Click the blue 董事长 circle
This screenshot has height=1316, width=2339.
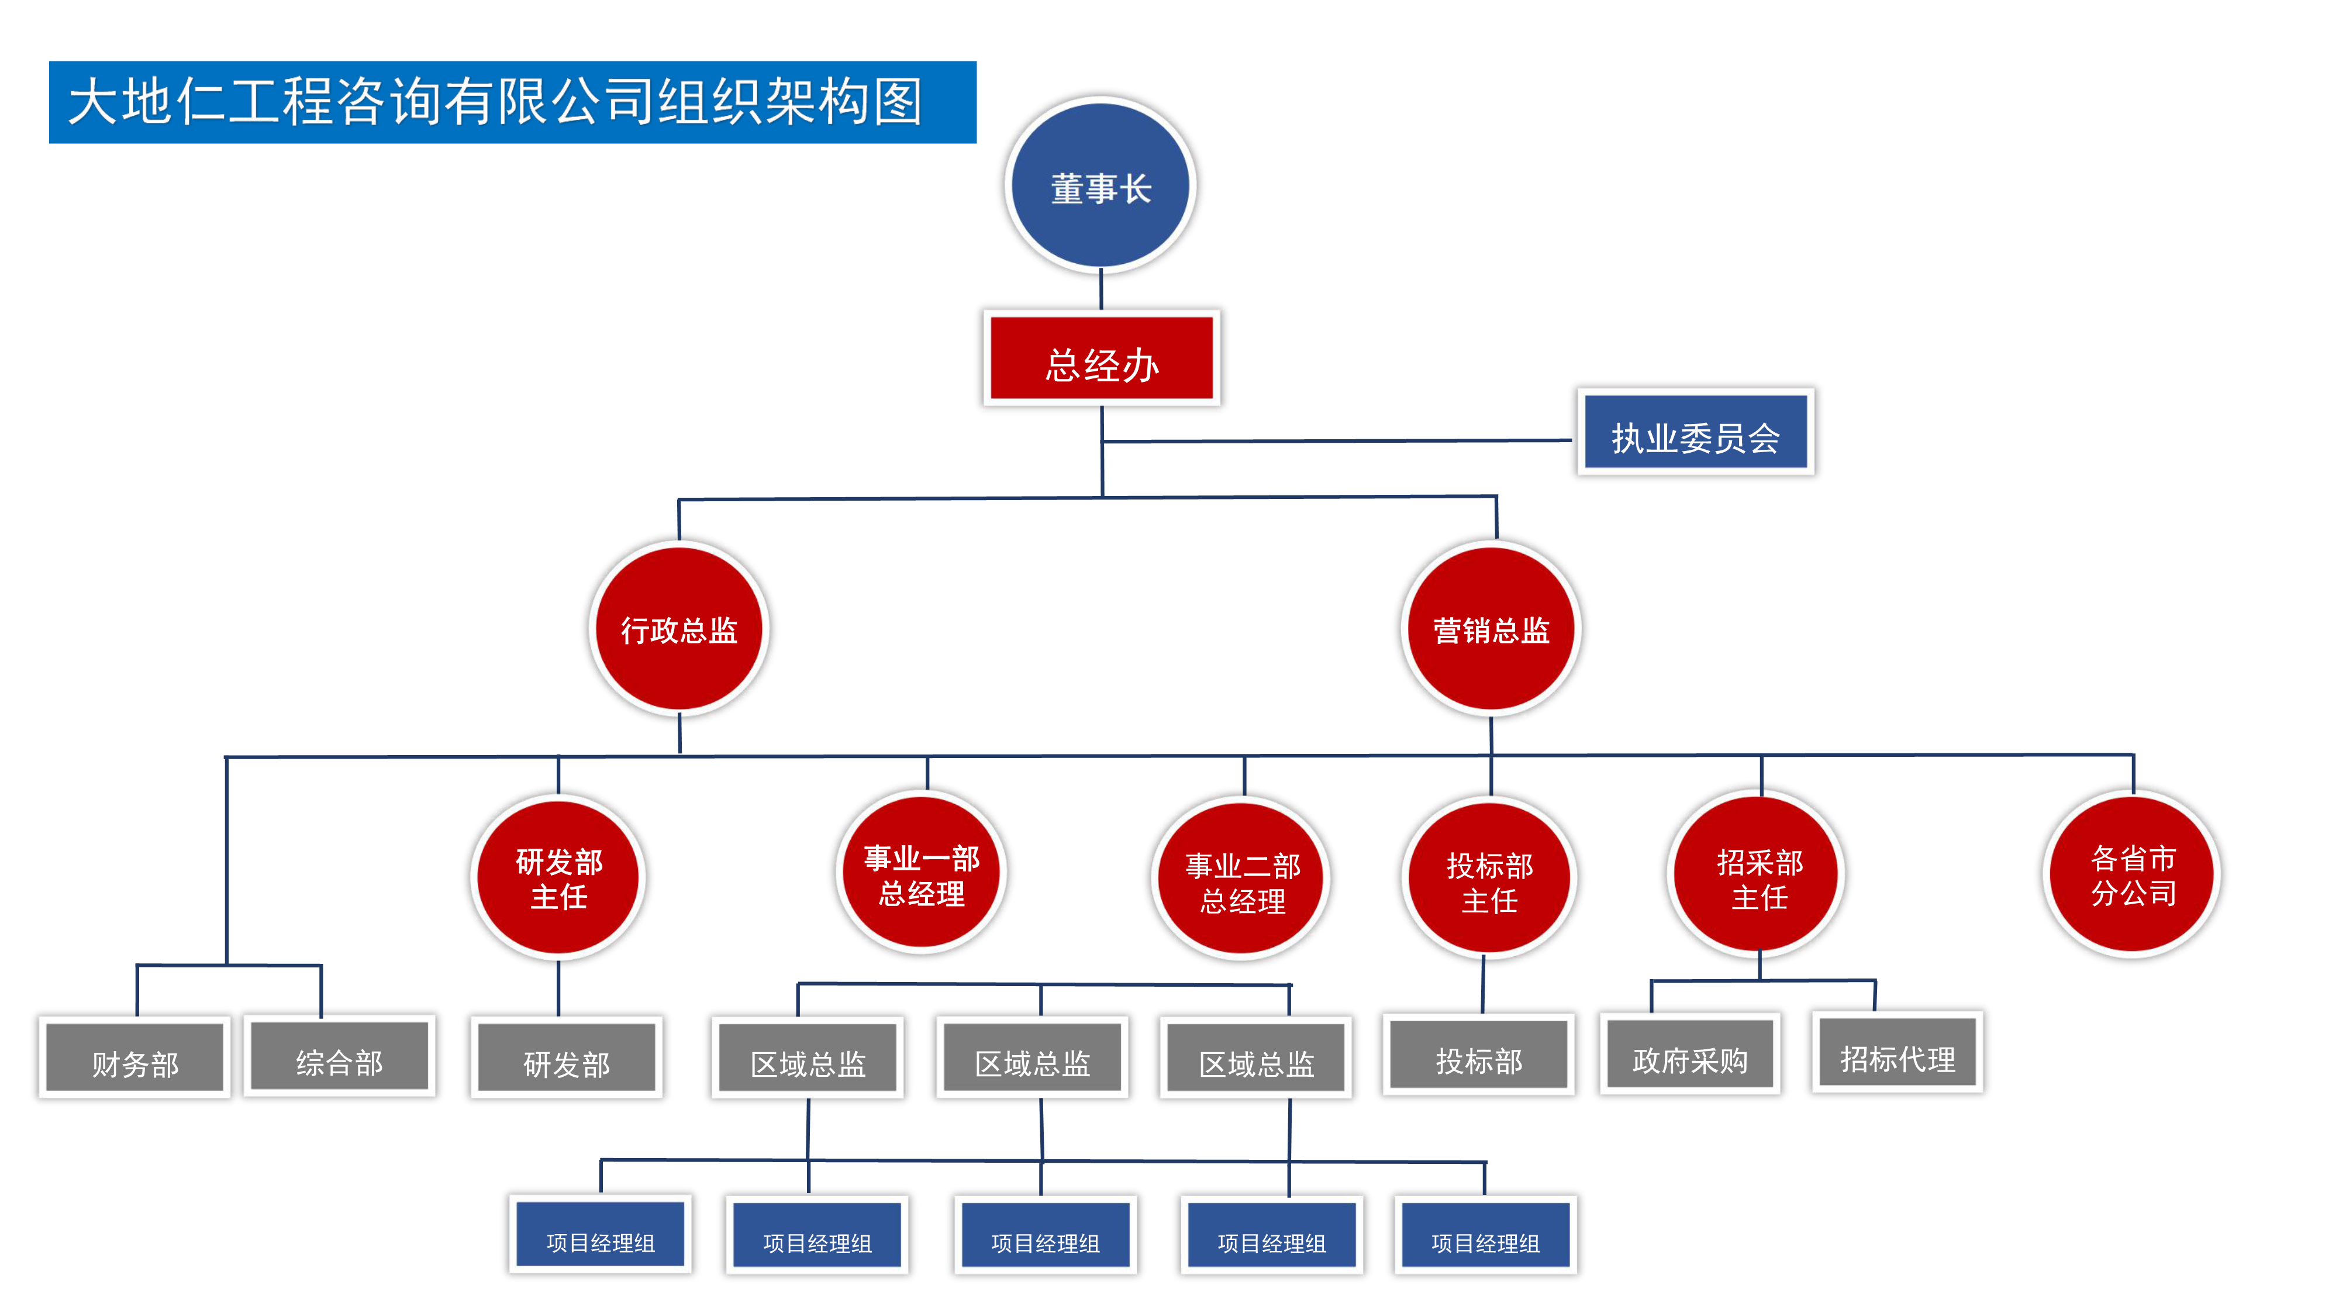click(1100, 185)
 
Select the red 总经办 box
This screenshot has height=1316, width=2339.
click(1102, 358)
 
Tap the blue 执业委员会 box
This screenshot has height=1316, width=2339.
click(1695, 432)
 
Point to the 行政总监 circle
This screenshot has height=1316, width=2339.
click(679, 629)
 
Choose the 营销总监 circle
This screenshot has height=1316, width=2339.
click(1491, 629)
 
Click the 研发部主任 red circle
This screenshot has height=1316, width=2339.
click(558, 877)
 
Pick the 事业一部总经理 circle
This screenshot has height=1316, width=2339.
click(921, 874)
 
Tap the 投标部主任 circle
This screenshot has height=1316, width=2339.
click(1489, 879)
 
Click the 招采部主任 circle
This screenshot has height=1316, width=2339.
click(1759, 876)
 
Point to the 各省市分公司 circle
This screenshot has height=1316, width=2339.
click(2133, 874)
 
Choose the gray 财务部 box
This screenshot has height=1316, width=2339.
click(134, 1058)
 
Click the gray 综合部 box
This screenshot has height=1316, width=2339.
click(339, 1056)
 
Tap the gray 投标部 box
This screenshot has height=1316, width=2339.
click(1478, 1055)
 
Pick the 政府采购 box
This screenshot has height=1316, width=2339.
click(1689, 1055)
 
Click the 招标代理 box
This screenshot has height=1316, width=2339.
click(1897, 1053)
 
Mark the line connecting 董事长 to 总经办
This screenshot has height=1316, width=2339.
click(1102, 290)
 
